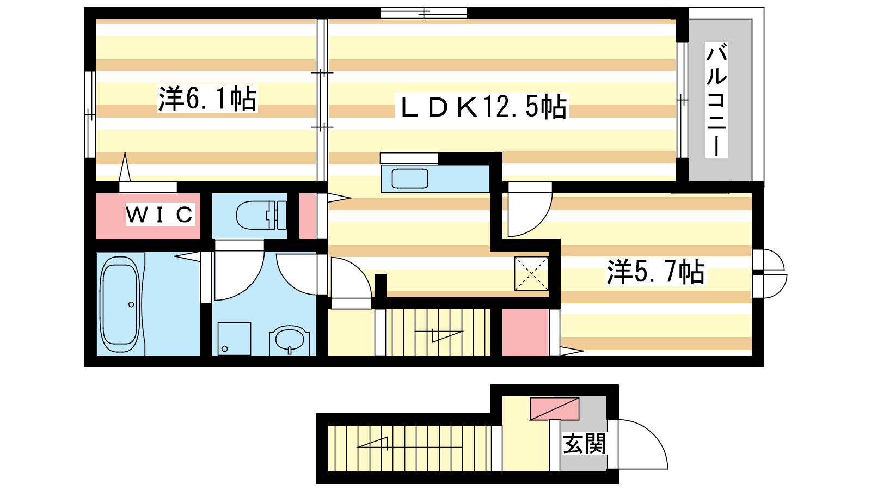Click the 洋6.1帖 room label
pos(207,99)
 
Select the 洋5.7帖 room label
pos(655,272)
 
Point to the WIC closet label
pos(160,215)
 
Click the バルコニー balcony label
pos(716,100)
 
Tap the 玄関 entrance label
pos(585,444)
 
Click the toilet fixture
pos(261,215)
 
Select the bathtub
pos(120,304)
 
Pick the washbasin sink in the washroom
pos(289,340)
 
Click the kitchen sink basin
pos(410,179)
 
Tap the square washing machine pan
pos(234,339)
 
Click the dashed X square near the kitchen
pos(531,273)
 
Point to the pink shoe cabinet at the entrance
pos(555,409)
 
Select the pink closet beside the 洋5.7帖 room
pos(525,333)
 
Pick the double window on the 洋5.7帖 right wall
pos(769,273)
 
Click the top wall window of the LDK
pos(424,13)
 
